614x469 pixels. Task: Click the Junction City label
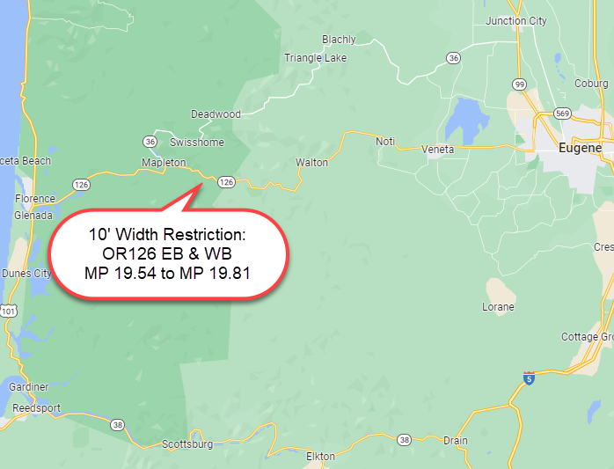(516, 21)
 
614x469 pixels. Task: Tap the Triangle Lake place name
(315, 58)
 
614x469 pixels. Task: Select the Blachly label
(339, 40)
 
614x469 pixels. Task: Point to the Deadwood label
(216, 114)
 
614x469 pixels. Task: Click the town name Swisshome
(196, 143)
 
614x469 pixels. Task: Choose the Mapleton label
(164, 163)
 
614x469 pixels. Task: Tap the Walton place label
(311, 163)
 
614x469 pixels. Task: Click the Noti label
(385, 142)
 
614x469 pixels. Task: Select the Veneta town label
(437, 150)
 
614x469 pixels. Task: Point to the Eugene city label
(580, 149)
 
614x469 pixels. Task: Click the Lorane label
(498, 307)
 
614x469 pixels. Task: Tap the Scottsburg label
(187, 444)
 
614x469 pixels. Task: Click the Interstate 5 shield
(528, 377)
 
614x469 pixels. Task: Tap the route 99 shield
(520, 84)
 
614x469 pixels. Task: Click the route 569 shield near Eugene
(562, 114)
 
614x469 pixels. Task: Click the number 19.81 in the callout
(232, 273)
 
